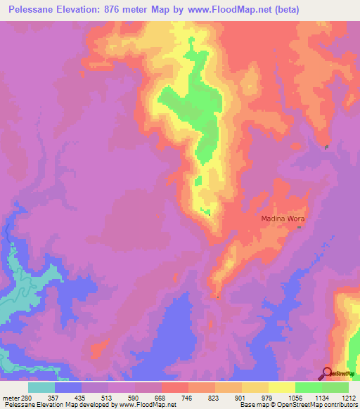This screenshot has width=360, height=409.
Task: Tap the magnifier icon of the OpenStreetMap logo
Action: (x=327, y=373)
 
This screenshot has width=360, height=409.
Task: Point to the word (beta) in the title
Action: (x=287, y=10)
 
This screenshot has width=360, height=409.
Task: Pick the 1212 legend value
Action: (x=349, y=397)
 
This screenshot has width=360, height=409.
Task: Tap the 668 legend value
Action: (x=161, y=397)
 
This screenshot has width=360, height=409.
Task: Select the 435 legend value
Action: (x=81, y=397)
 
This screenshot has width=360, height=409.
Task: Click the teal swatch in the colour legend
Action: (x=41, y=387)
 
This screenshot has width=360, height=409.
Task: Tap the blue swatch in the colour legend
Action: (x=68, y=387)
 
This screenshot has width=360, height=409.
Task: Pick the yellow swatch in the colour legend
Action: (x=282, y=387)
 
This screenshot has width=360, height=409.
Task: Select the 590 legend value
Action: (x=134, y=397)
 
